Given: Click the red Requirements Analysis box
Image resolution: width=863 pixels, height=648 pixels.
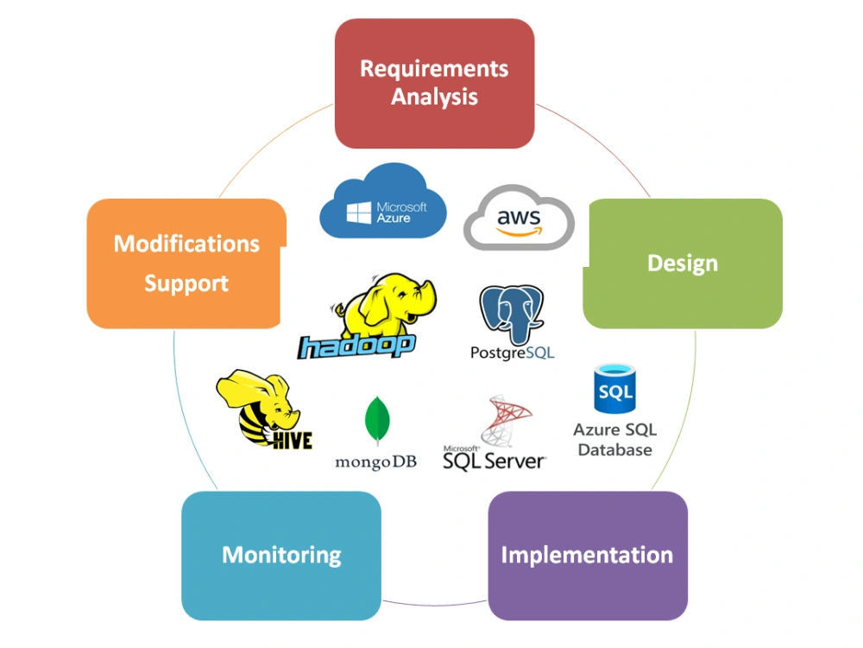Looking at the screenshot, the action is click(434, 83).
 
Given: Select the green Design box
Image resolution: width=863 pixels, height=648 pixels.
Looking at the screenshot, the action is click(683, 264).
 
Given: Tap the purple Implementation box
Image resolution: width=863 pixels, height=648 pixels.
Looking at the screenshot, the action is click(588, 556).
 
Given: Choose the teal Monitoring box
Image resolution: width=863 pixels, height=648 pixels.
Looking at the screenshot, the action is click(281, 556).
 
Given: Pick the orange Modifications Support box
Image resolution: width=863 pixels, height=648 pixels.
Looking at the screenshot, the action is click(186, 264).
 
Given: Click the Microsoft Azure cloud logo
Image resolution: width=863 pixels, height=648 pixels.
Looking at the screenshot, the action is click(383, 200).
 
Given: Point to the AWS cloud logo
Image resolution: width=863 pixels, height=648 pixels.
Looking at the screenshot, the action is click(519, 217).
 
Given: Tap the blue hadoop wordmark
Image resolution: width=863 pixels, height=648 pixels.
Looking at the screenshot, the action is click(356, 346).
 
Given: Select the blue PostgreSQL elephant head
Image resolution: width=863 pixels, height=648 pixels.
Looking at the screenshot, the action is click(511, 314).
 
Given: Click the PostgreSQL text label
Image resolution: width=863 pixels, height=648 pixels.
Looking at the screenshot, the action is click(512, 353).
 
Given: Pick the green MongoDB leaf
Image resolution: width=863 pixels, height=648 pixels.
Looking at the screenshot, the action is click(377, 421).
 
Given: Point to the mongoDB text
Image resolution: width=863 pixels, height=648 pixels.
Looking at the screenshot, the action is click(376, 461).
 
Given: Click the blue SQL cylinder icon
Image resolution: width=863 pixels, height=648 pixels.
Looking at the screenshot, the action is click(614, 389).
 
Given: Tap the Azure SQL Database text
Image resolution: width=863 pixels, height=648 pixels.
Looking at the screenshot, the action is click(614, 440).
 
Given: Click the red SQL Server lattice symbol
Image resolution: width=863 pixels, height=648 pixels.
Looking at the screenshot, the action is click(505, 420).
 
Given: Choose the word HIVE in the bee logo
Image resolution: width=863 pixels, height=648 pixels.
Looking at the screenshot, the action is click(293, 440).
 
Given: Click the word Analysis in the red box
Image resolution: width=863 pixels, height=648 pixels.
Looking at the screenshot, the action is click(434, 97).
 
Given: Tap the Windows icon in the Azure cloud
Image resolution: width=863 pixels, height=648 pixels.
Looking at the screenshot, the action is click(359, 213).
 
